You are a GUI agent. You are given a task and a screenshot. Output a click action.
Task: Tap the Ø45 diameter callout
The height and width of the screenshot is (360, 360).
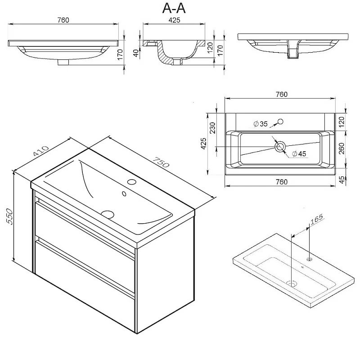click(298, 154)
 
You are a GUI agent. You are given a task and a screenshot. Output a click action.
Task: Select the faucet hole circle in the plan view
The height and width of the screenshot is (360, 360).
click(280, 121)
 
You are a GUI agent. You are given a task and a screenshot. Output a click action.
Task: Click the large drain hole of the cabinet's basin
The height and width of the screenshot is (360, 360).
click(108, 214)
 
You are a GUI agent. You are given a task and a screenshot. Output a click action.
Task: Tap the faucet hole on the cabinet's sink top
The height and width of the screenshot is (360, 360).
click(132, 182)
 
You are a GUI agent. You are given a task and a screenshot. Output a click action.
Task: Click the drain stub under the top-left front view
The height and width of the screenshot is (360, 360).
click(64, 63)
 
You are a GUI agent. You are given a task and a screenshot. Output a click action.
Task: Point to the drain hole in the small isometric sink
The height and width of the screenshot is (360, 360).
click(292, 283)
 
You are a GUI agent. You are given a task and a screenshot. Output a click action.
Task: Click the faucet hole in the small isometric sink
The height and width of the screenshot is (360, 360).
click(310, 259)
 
